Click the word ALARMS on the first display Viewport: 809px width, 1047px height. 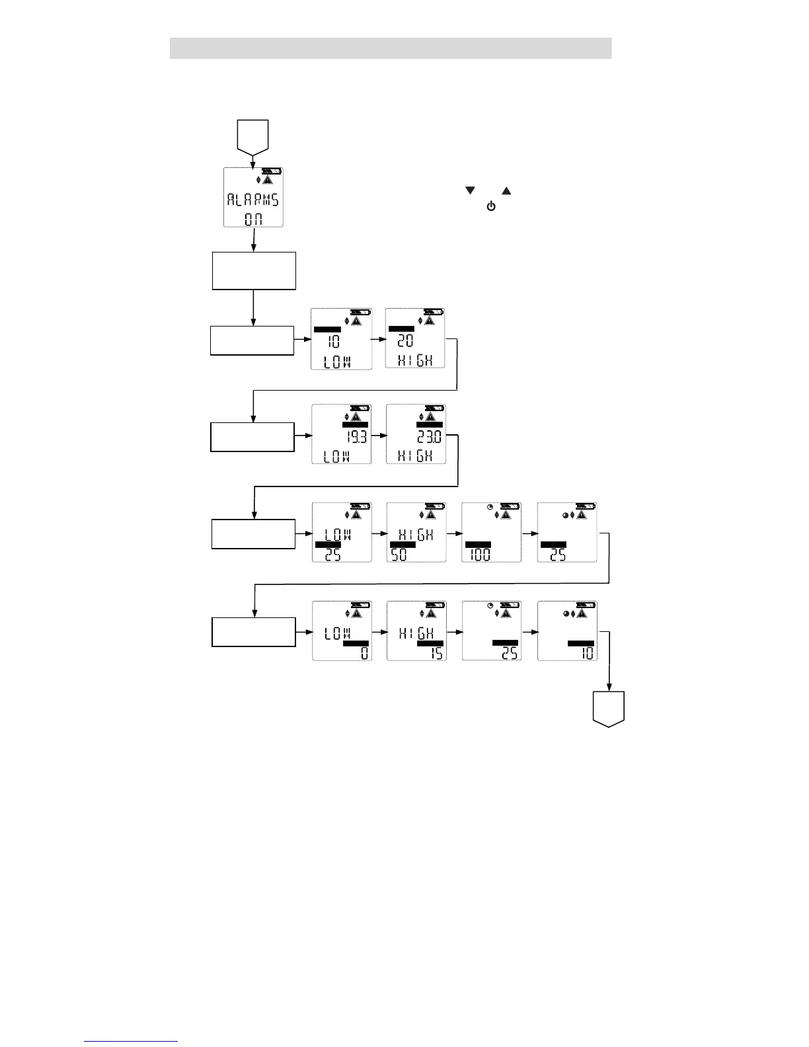pos(253,200)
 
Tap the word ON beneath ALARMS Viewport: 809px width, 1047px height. pos(253,218)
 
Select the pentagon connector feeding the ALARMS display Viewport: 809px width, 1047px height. pos(252,136)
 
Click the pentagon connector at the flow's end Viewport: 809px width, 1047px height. pos(608,709)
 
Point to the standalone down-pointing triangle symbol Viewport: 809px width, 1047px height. pos(471,191)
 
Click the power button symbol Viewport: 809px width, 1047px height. pos(491,207)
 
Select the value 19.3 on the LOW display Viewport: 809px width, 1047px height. pos(356,438)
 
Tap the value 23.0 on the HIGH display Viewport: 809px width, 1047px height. pos(430,438)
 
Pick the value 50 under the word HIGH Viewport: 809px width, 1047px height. pos(400,555)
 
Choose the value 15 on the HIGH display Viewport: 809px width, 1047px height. pos(437,653)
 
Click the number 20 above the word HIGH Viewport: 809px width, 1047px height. pos(405,341)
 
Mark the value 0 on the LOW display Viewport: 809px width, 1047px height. pos(364,653)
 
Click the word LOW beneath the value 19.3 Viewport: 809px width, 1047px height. pos(336,456)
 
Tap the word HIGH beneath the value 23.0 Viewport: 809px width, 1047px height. pos(415,456)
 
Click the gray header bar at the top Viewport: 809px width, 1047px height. pos(390,48)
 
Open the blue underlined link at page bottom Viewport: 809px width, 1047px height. pos(131,1041)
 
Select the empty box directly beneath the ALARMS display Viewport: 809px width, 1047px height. pos(254,270)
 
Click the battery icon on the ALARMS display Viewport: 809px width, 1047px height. pos(271,171)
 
